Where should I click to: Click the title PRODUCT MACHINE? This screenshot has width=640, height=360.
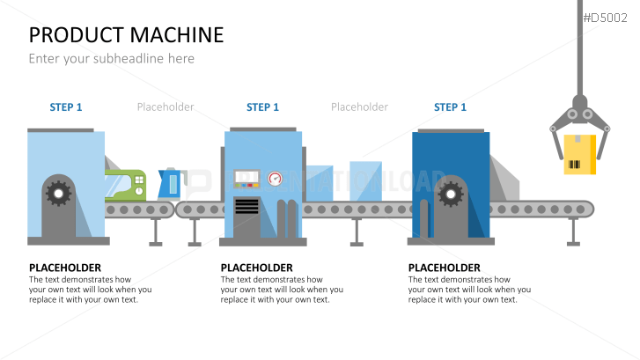[126, 35]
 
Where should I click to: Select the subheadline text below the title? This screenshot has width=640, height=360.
[111, 59]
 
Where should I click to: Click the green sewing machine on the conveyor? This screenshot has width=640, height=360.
[128, 185]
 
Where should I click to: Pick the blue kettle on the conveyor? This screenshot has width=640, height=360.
[168, 184]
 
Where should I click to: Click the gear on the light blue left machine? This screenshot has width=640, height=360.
[59, 191]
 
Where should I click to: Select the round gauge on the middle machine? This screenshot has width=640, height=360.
[276, 179]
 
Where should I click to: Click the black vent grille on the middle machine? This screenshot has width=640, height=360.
[246, 207]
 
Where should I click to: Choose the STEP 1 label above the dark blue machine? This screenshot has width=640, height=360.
[450, 107]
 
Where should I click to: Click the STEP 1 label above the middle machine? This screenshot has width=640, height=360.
[262, 107]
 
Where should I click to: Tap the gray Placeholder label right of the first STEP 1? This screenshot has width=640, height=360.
[166, 107]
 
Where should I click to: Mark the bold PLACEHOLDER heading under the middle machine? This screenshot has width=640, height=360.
[256, 268]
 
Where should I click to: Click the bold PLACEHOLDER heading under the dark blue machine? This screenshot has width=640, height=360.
[445, 268]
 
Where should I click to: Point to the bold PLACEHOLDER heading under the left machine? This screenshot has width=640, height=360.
[64, 268]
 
